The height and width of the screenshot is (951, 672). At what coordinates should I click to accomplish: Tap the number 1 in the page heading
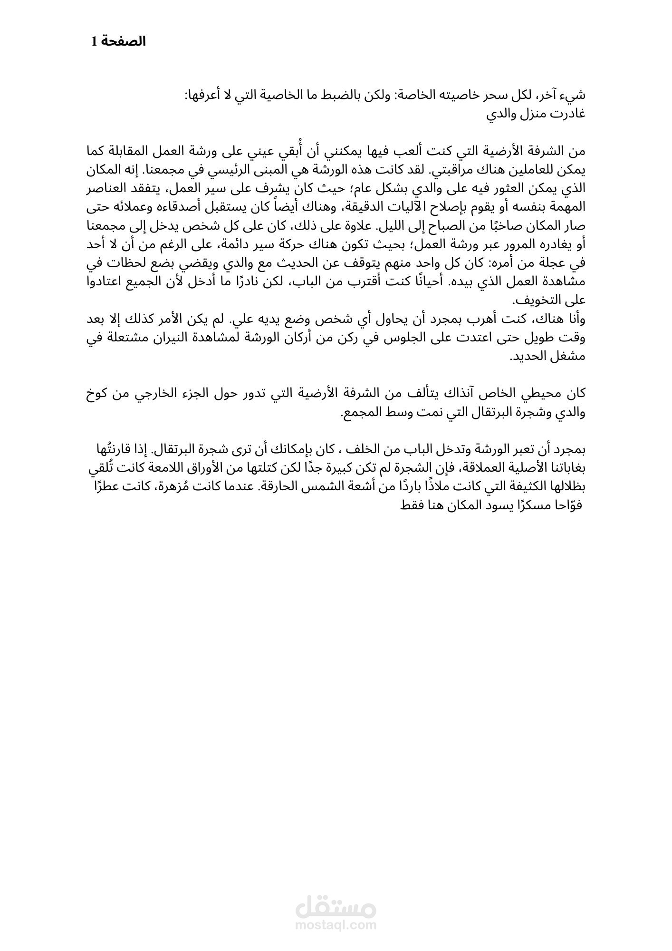(94, 42)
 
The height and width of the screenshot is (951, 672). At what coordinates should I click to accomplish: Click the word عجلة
(555, 263)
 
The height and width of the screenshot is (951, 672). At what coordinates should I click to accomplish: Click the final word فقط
(408, 505)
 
